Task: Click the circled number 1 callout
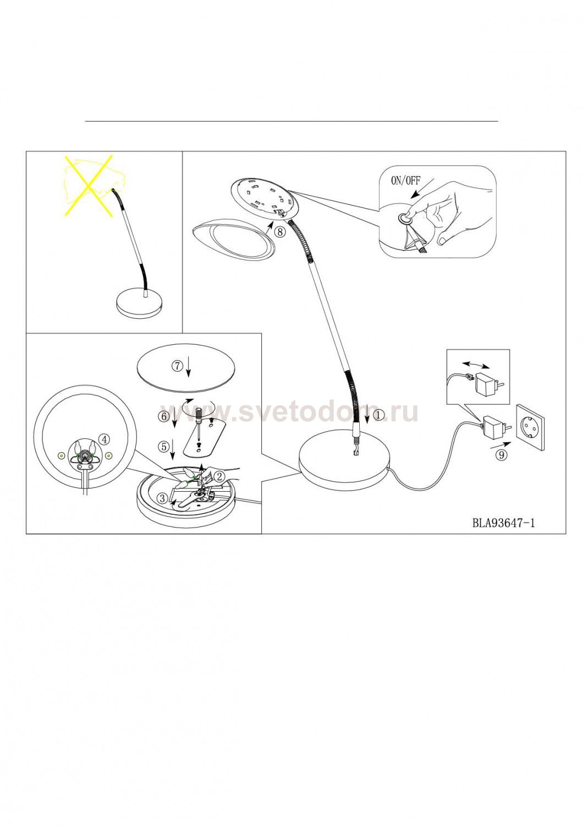pos(378,415)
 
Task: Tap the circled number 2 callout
pos(219,476)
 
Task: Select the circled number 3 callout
pos(162,498)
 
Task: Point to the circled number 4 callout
pos(105,439)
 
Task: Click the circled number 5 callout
pos(163,447)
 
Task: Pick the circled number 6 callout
pos(163,416)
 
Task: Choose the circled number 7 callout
pos(178,366)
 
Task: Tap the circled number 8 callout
pos(280,232)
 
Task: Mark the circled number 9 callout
pos(501,455)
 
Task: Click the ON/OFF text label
pos(405,181)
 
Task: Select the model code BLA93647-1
pos(503,523)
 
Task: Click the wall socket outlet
pos(530,427)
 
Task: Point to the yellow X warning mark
pos(89,186)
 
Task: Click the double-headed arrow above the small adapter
pos(476,365)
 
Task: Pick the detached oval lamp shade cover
pos(233,241)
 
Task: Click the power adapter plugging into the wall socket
pos(494,427)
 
